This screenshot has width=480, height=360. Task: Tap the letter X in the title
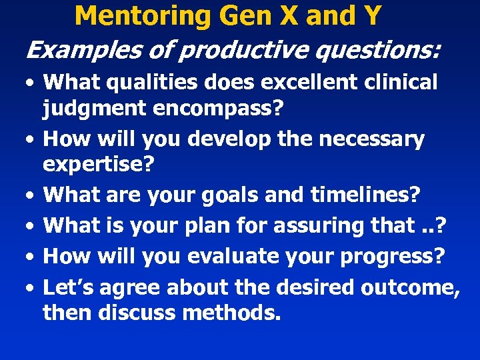[x=287, y=15]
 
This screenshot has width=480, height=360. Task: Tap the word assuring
[x=317, y=226]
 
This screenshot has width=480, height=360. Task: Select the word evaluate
[x=230, y=257]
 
